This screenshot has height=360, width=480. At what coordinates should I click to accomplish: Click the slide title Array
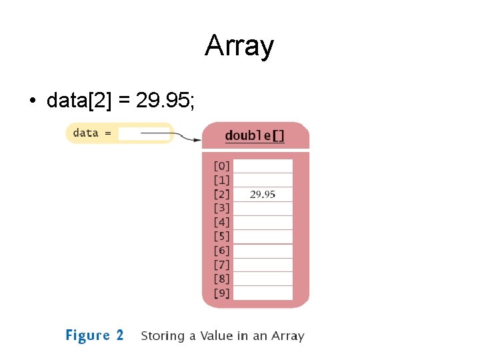[239, 47]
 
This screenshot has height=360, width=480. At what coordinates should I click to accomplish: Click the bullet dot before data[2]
[31, 101]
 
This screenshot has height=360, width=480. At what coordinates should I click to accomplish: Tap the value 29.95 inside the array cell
[263, 195]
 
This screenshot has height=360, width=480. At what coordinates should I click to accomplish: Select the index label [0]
[221, 166]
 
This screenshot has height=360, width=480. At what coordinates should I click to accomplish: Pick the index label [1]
[221, 180]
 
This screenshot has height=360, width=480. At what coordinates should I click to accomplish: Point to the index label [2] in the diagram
[221, 194]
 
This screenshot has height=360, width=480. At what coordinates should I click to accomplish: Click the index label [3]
[221, 208]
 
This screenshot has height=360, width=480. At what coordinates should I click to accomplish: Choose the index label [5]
[221, 236]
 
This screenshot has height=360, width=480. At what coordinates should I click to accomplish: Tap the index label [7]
[221, 265]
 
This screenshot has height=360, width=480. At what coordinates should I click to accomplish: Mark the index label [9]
[221, 293]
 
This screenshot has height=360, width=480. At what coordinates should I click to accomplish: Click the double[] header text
[255, 135]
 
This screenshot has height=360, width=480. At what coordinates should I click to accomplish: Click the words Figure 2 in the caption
[94, 335]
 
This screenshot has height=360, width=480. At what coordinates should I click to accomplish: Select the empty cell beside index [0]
[263, 166]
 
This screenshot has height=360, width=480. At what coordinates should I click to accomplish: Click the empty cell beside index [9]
[263, 293]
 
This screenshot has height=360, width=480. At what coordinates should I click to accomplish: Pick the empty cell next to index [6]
[263, 251]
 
